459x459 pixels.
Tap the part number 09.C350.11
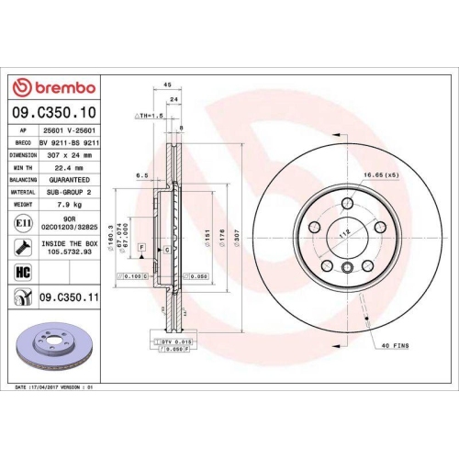pyautogui.click(x=69, y=297)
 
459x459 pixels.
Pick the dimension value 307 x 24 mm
pyautogui.click(x=69, y=155)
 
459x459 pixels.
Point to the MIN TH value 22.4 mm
pyautogui.click(x=69, y=168)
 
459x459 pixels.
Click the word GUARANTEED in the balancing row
pyautogui.click(x=69, y=180)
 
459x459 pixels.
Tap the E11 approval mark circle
pyautogui.click(x=20, y=223)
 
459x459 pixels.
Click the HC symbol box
pyautogui.click(x=21, y=272)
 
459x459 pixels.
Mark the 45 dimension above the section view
pyautogui.click(x=167, y=84)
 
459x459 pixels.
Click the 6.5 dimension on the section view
pyautogui.click(x=142, y=173)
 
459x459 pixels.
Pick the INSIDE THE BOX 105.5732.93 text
pyautogui.click(x=70, y=246)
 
